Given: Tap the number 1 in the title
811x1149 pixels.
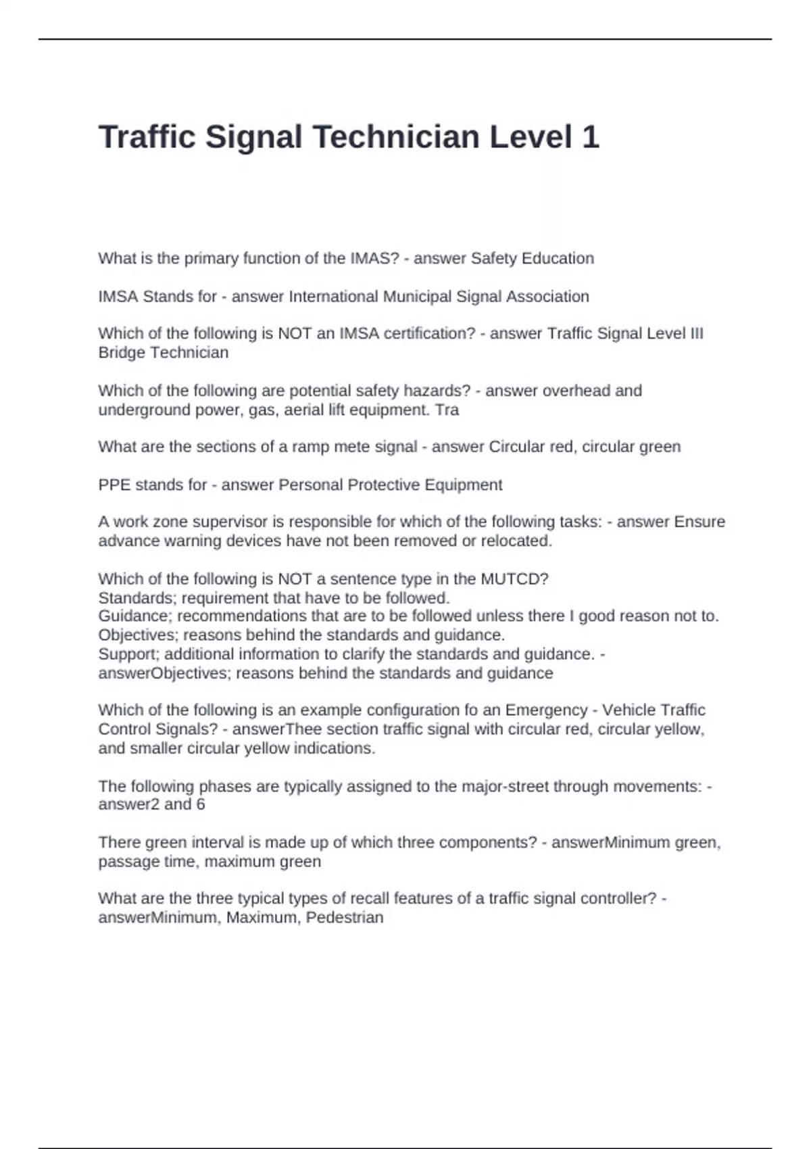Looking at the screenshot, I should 590,137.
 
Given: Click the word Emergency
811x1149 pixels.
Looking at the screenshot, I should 546,710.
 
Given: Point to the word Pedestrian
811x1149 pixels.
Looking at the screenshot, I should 345,918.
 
